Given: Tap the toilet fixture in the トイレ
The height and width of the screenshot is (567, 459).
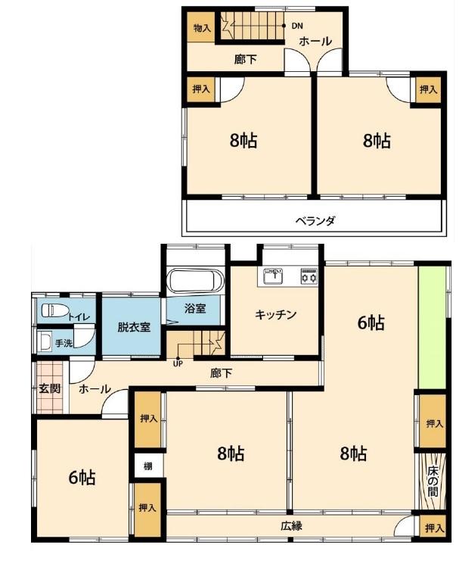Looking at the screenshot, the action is (55, 310).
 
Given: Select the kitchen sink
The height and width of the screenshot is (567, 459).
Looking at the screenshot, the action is (273, 276).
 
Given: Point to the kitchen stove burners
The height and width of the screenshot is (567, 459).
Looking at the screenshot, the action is (309, 276).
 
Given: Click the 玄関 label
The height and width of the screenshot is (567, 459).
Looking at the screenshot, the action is (49, 389).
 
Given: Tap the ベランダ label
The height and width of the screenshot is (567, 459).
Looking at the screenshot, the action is (315, 220).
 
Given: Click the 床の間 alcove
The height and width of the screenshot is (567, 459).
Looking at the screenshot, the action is (433, 481).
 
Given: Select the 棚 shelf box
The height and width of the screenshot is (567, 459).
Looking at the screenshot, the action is (148, 466).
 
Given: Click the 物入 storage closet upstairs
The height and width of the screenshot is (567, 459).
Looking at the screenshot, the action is (201, 28).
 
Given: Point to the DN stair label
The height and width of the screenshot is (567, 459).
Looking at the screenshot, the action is (297, 26).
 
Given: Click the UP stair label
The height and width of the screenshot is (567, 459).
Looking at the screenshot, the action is (178, 364).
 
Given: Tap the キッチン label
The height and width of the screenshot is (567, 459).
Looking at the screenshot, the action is (275, 314).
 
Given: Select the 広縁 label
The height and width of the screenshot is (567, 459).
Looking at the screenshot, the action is (291, 526).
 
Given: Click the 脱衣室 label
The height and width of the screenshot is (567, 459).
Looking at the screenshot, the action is (134, 327).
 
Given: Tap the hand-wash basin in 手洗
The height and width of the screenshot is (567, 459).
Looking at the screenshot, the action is (45, 341).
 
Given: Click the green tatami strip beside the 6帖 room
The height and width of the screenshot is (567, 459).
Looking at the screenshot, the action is (433, 328).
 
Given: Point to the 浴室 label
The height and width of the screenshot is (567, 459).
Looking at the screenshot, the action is (195, 308).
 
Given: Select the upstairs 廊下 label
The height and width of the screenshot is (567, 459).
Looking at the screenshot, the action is (245, 59).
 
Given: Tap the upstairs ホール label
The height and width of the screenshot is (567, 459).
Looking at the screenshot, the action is (315, 41).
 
